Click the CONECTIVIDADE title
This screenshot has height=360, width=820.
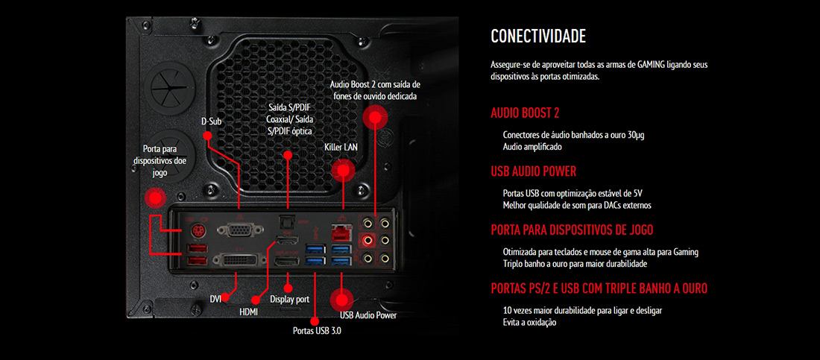tap(537, 37)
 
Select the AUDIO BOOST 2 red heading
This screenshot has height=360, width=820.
tap(525, 113)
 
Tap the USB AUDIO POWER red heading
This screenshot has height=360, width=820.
tap(533, 171)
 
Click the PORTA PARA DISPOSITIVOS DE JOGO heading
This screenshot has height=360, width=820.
tap(572, 230)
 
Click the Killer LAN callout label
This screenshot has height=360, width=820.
tap(341, 148)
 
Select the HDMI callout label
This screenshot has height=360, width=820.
tap(248, 312)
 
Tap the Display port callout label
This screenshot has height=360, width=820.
tap(289, 299)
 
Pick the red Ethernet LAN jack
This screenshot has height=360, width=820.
tap(343, 230)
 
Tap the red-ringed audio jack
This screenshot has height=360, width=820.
tap(368, 240)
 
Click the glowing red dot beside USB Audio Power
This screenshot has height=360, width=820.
tap(342, 300)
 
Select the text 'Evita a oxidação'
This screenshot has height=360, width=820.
tap(529, 322)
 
